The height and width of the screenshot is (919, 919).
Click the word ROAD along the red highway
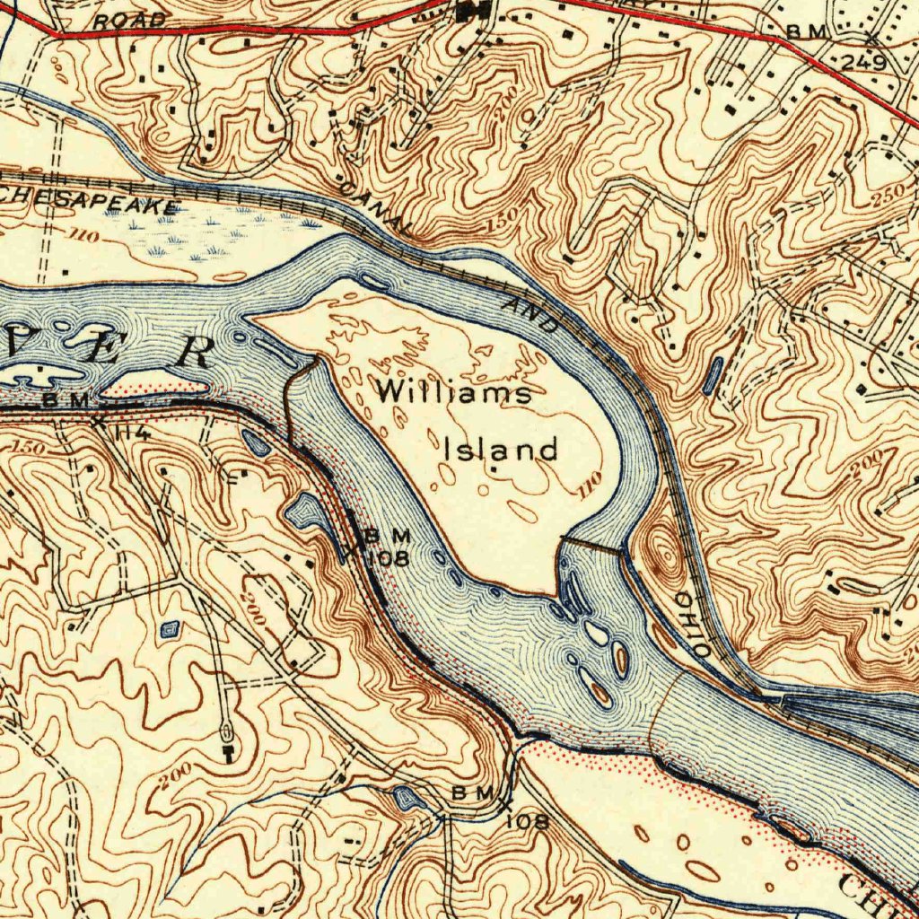click(131, 20)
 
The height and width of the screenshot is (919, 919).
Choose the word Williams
click(453, 392)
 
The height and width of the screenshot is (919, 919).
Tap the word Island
click(501, 449)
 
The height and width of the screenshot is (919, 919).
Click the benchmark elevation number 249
click(864, 63)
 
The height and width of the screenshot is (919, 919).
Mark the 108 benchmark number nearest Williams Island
click(388, 558)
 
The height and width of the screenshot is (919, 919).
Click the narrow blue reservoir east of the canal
click(713, 375)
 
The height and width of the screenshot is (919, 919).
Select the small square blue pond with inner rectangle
click(170, 630)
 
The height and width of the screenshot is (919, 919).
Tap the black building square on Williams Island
click(493, 468)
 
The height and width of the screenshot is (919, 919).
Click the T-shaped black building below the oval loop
click(228, 750)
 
